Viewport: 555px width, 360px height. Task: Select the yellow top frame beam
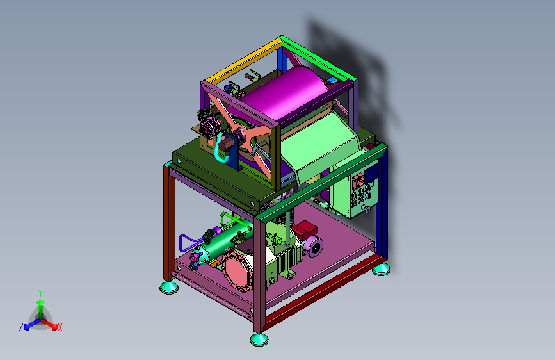pos(245,60)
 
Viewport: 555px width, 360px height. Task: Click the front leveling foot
pos(259,340)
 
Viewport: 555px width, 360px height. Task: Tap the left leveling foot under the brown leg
pos(169,287)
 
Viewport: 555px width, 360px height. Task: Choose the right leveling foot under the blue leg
pos(382,269)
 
